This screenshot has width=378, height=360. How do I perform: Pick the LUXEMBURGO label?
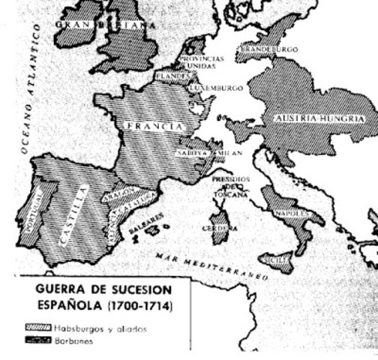pyautogui.click(x=216, y=88)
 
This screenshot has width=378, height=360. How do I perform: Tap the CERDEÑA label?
pyautogui.click(x=220, y=227)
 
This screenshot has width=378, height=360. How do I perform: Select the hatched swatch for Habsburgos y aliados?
pyautogui.click(x=37, y=328)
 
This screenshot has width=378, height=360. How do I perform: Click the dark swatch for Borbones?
pyautogui.click(x=37, y=340)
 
